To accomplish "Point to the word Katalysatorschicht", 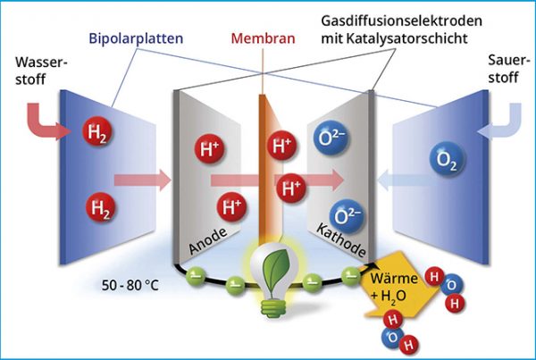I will (x=425, y=39).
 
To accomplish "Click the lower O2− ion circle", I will (x=346, y=215).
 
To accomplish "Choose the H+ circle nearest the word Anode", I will (x=231, y=207).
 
